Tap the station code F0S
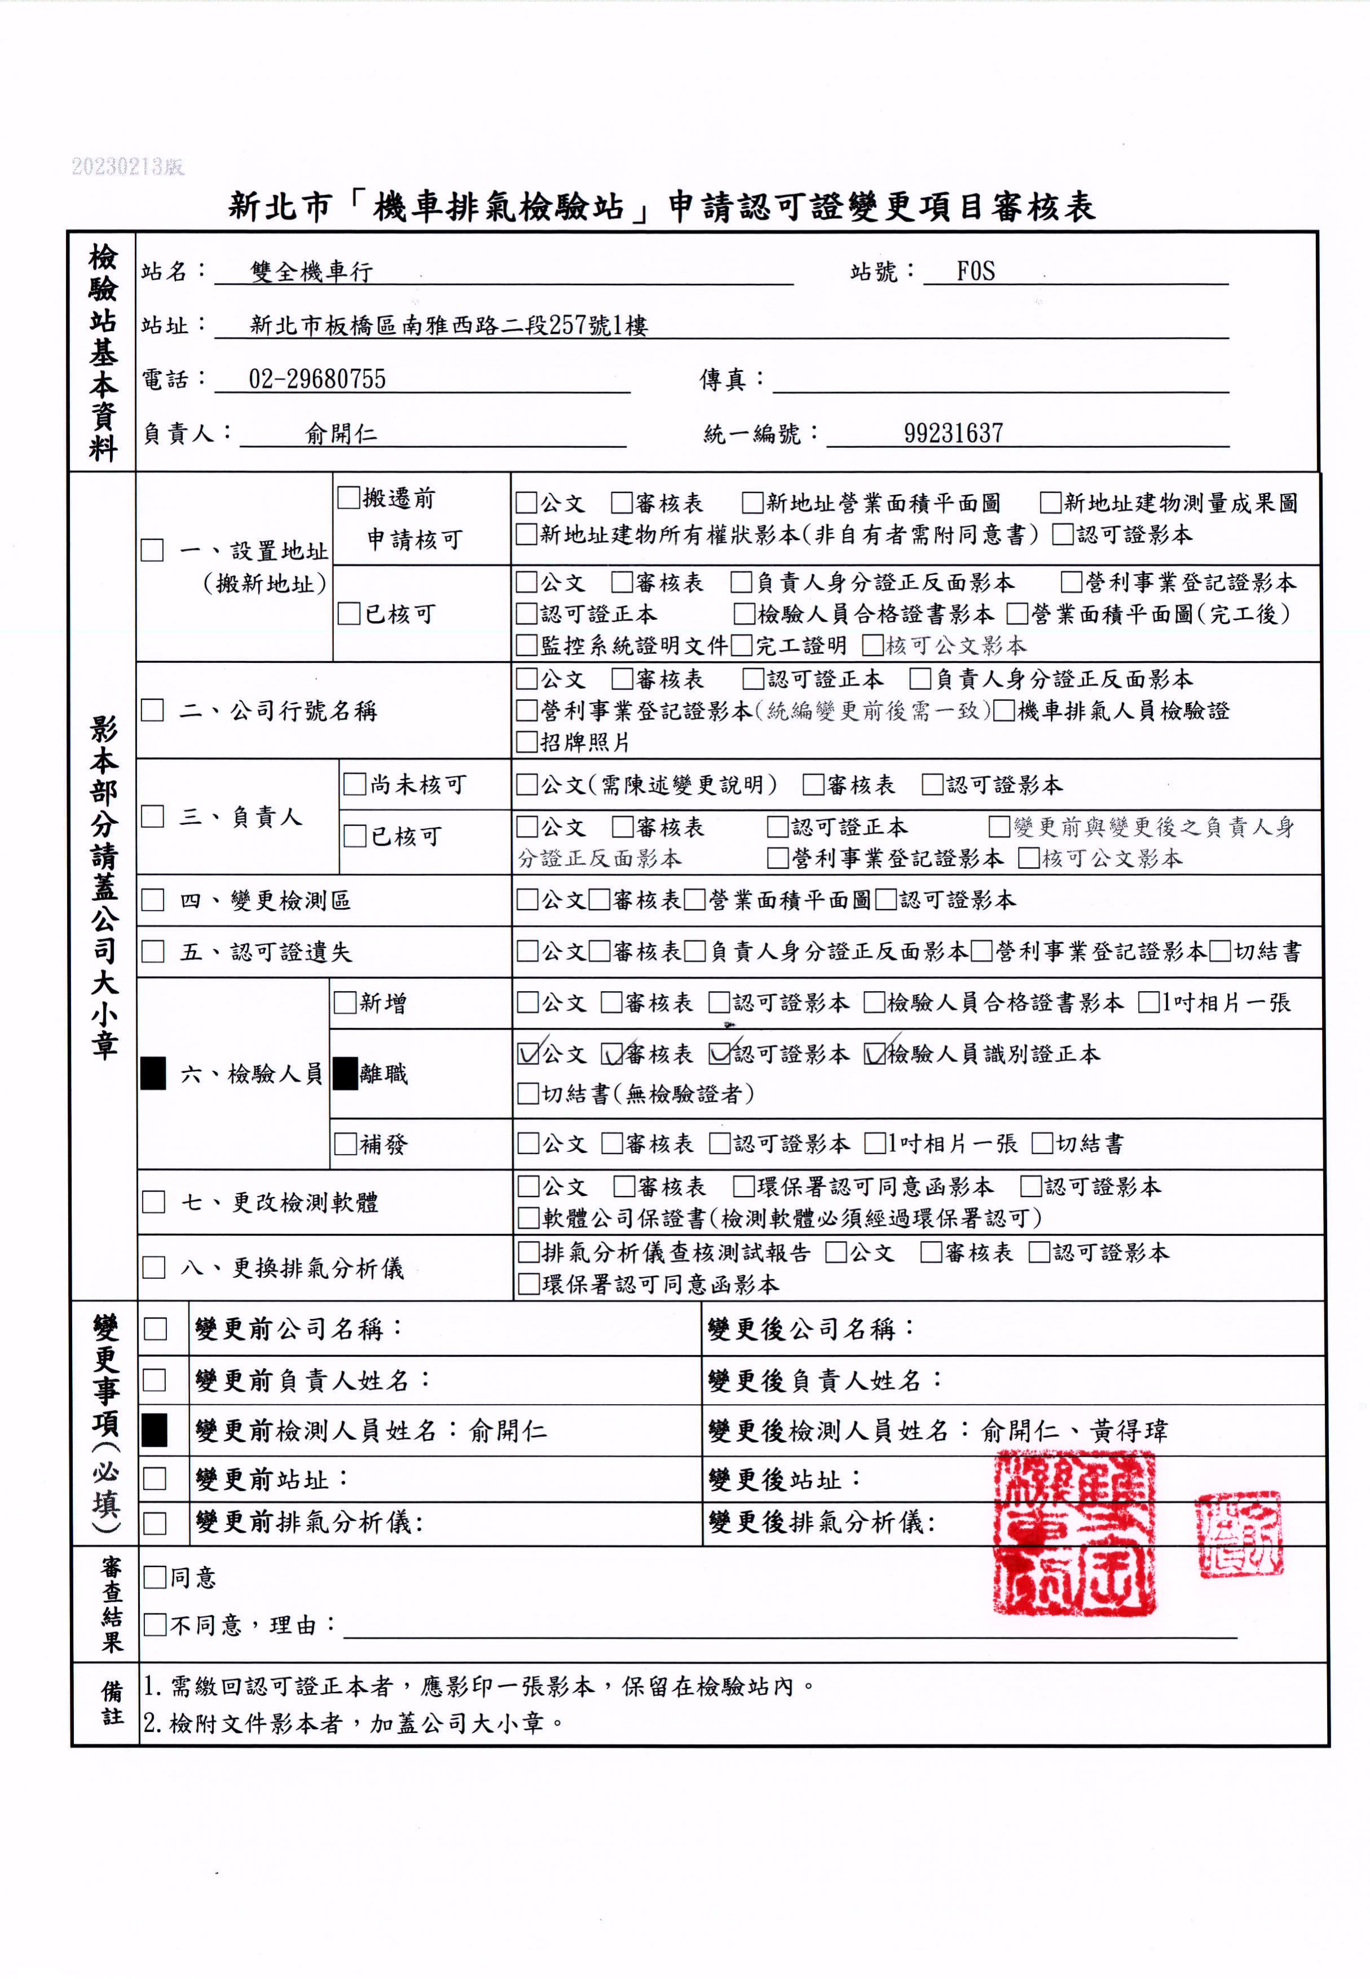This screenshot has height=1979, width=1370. [x=975, y=271]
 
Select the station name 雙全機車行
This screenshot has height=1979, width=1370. [x=311, y=272]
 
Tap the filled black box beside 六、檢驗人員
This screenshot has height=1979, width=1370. [x=153, y=1073]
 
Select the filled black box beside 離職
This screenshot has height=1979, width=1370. [x=345, y=1073]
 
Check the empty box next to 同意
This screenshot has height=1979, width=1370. [x=155, y=1577]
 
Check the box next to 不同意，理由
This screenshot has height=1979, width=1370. [x=155, y=1624]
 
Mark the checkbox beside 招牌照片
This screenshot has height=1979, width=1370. [x=526, y=742]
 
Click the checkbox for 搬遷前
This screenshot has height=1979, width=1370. [x=349, y=498]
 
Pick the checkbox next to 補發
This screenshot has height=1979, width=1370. [x=345, y=1144]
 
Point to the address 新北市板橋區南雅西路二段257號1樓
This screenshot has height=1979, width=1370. [x=448, y=326]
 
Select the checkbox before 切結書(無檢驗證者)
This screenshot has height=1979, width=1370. [x=527, y=1094]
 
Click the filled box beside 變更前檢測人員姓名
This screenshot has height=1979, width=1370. [x=155, y=1431]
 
